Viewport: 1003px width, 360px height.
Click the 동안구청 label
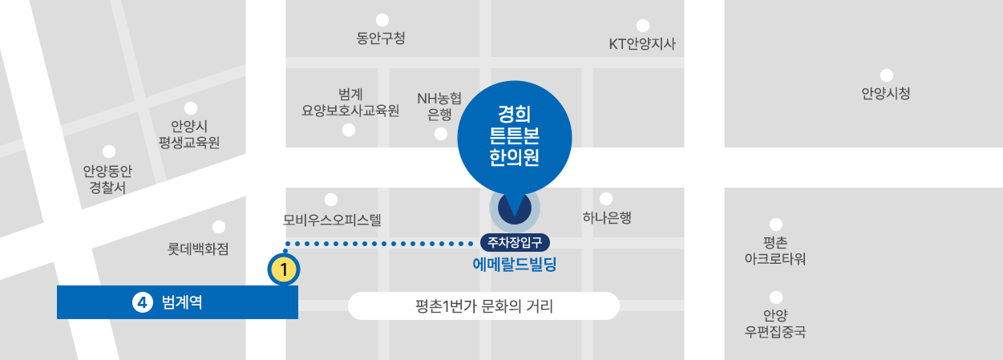[381, 38]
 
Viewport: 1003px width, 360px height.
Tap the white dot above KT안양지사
[642, 25]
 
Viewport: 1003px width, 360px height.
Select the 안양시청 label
[886, 94]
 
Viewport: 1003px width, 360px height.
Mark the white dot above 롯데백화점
[218, 228]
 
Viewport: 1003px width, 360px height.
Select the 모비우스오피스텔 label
[332, 218]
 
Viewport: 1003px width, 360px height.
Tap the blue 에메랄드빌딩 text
[515, 263]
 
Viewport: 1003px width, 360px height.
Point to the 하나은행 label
[607, 217]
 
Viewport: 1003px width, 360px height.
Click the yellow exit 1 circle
[284, 269]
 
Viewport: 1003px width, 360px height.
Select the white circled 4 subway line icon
[141, 302]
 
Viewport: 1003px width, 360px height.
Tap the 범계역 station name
[182, 303]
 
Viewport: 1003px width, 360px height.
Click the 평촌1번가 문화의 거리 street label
[484, 305]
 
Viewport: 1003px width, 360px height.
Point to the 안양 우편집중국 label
[774, 322]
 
